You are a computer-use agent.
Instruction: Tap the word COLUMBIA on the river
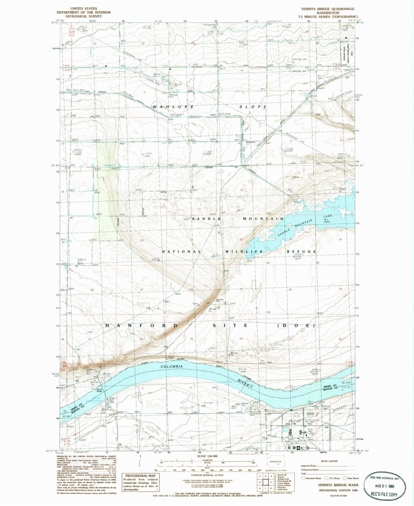[172, 366]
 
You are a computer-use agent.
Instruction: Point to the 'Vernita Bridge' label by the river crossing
[99, 390]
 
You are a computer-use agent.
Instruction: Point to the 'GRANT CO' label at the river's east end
[328, 386]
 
